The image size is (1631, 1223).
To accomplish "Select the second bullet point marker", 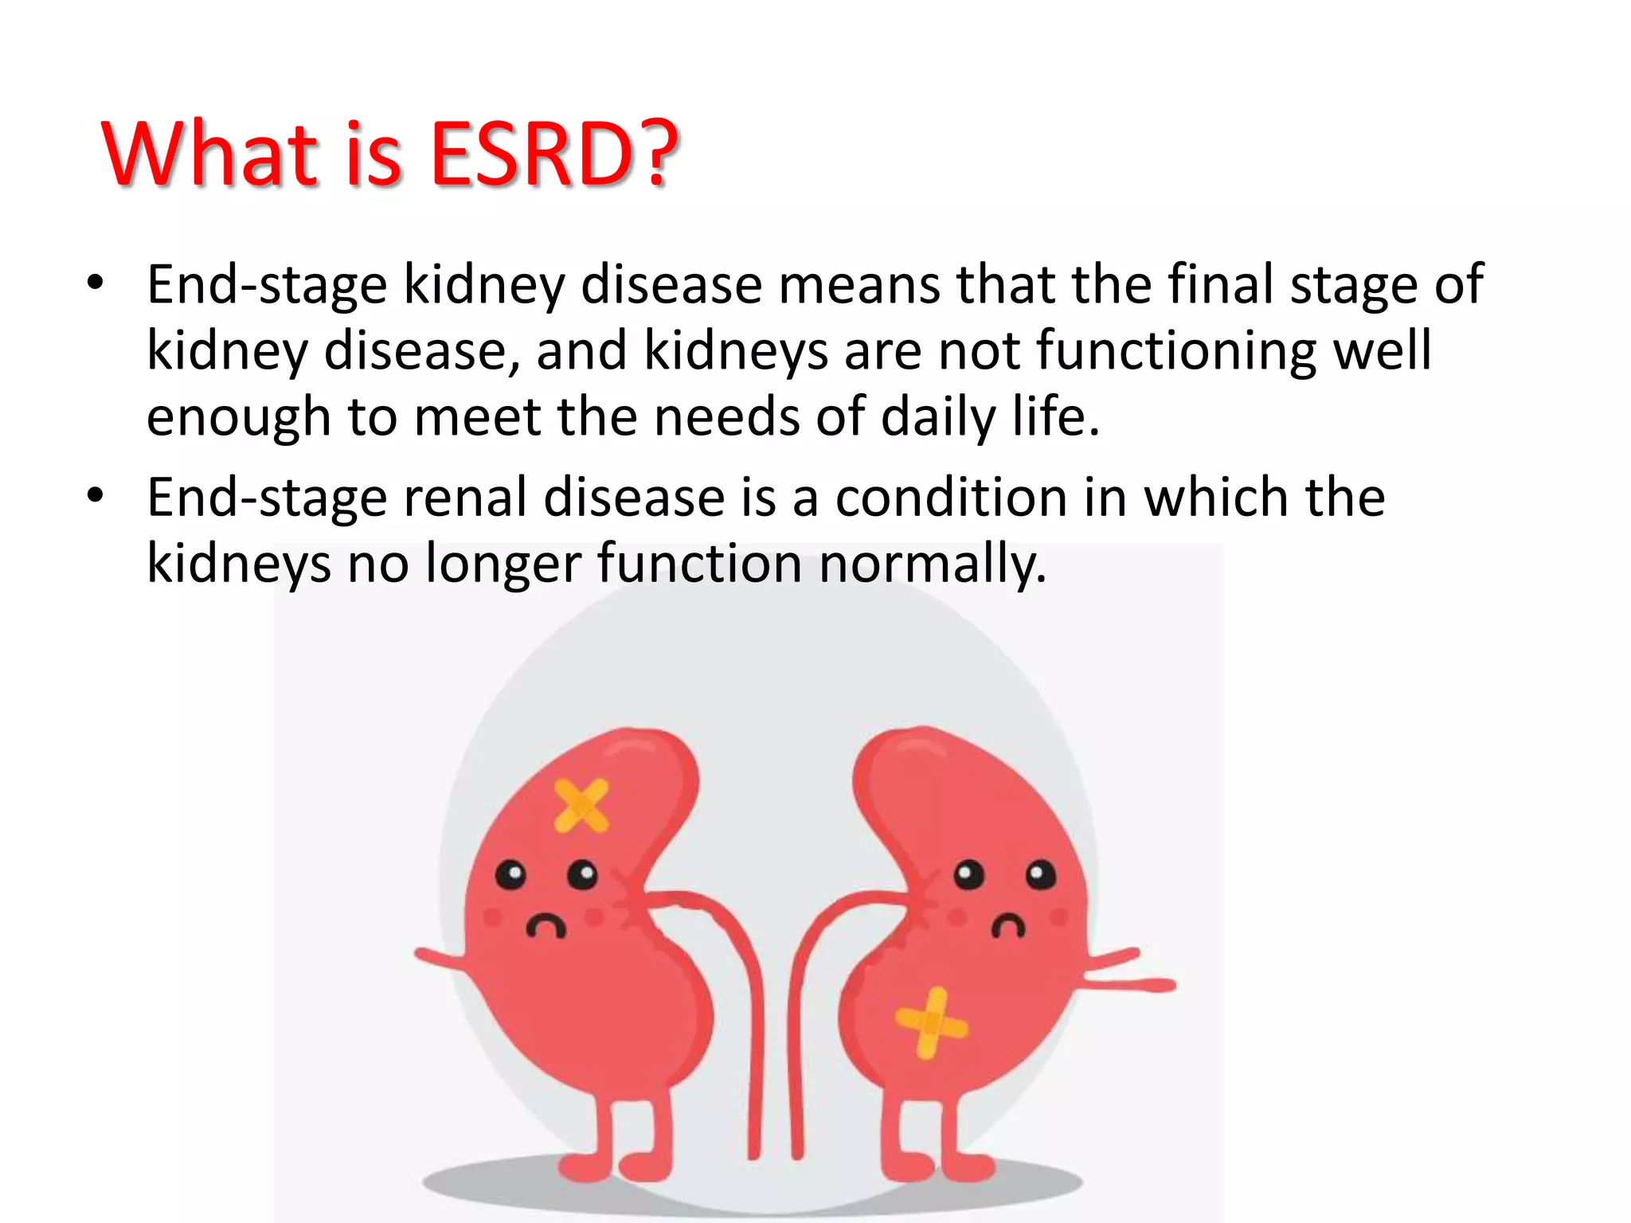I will coord(96,495).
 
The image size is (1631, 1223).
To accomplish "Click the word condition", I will coord(951,498).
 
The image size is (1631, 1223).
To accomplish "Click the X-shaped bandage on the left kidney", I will coord(581,806).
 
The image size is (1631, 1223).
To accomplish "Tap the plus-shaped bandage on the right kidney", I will coord(931,1023).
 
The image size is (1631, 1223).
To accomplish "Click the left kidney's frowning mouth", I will coord(546,927).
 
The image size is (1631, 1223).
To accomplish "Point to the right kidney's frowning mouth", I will coord(1008,927).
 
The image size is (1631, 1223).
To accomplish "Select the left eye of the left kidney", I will coord(510,875).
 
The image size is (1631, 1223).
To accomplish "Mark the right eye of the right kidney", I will coord(1040,875).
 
